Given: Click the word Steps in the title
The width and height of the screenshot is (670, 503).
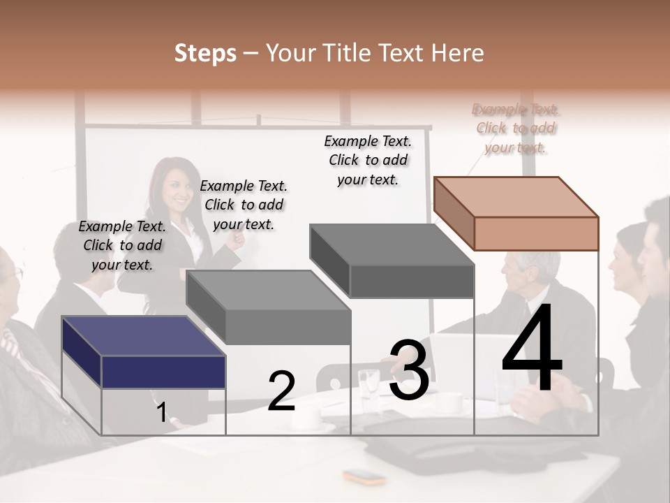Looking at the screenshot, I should coord(205,53).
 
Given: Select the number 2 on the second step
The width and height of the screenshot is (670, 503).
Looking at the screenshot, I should coord(281,391).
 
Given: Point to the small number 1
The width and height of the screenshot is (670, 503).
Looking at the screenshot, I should coord(161,412).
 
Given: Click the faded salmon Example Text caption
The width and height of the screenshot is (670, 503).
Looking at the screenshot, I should coord(515,129).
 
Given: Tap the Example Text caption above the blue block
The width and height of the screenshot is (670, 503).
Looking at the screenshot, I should coord(122,246).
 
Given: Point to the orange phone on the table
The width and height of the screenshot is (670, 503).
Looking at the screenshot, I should coord(364,478).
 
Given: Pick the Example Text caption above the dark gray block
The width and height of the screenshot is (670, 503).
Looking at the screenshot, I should coord(368,161).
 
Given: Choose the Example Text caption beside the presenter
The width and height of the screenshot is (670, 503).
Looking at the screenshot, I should coord(244,205).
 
